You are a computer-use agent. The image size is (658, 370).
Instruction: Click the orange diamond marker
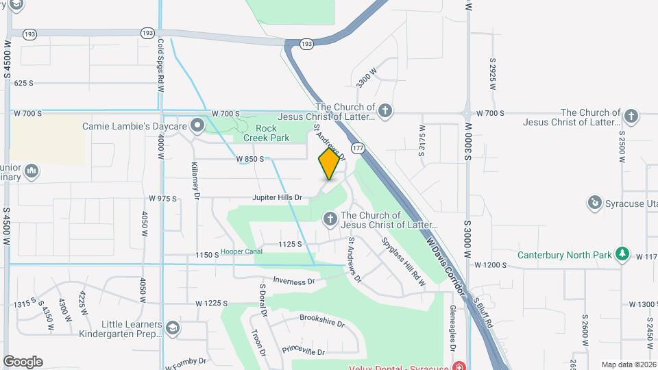pyautogui.click(x=329, y=164)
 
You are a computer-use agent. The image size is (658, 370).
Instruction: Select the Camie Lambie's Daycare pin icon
pyautogui.click(x=198, y=125)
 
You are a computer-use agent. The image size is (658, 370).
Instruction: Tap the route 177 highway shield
pyautogui.click(x=357, y=148)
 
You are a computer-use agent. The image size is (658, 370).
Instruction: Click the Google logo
pyautogui.click(x=23, y=362)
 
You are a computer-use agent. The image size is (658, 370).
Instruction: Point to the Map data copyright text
pyautogui.click(x=628, y=365)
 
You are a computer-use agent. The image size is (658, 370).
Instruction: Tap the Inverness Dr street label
pyautogui.click(x=293, y=281)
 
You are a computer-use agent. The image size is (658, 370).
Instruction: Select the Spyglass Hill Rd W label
pyautogui.click(x=404, y=262)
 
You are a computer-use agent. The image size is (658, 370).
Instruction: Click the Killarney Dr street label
pyautogui.click(x=195, y=180)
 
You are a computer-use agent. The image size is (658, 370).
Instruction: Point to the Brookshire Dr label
pyautogui.click(x=322, y=321)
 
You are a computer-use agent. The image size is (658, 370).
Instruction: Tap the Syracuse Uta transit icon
pyautogui.click(x=594, y=203)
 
